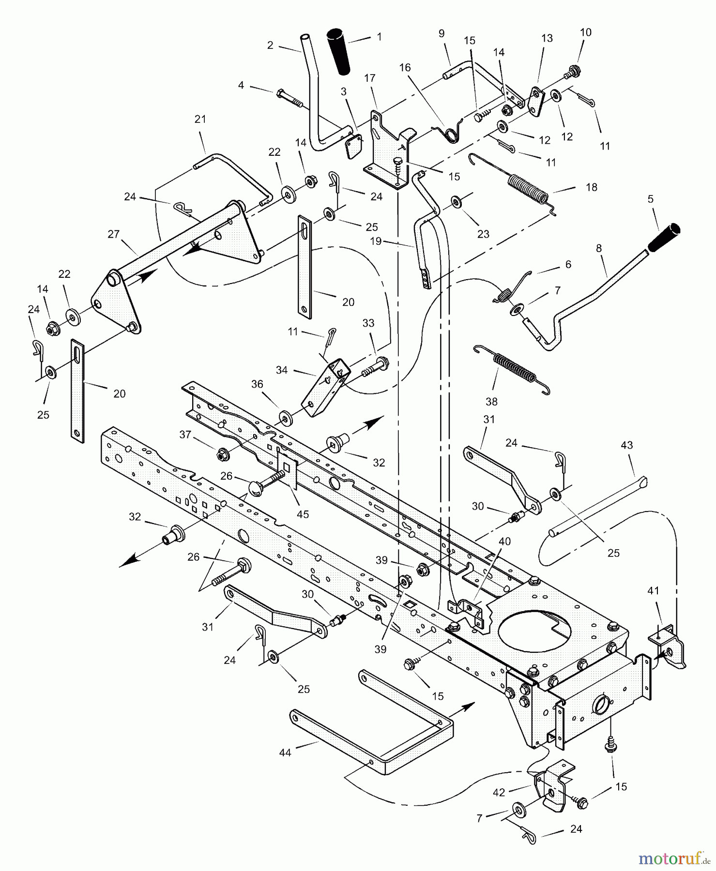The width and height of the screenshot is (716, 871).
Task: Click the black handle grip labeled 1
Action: click(340, 52)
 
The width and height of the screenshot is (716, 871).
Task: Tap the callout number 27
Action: click(113, 234)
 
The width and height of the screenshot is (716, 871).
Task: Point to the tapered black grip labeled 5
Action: click(664, 238)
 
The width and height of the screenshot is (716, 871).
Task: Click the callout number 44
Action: click(285, 752)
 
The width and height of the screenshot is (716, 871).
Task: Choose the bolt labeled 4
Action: click(289, 98)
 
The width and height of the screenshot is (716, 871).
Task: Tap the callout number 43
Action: click(626, 445)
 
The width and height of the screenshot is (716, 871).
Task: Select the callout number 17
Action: click(370, 78)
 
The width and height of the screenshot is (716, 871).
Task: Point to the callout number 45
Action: click(303, 514)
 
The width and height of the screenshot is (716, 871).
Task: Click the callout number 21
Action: click(200, 119)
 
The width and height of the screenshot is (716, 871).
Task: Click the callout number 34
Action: click(282, 370)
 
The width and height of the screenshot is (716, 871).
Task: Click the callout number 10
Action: click(586, 32)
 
